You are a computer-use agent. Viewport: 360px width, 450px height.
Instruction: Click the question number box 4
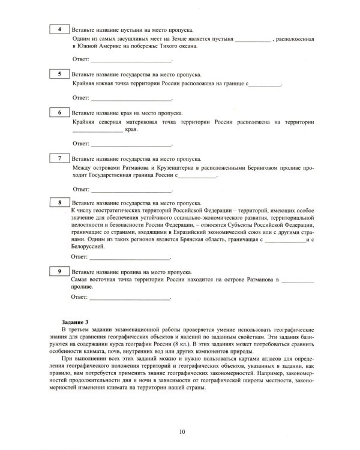[x=58, y=29]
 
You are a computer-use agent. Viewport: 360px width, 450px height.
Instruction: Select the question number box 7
[x=58, y=158]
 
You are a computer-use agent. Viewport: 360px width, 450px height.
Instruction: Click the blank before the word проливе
[x=298, y=281]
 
